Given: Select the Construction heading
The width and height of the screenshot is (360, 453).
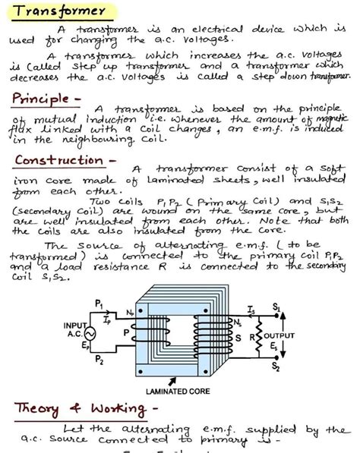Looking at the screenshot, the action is (x=58, y=160).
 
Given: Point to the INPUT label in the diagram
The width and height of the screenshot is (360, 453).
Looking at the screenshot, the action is (x=75, y=325).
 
